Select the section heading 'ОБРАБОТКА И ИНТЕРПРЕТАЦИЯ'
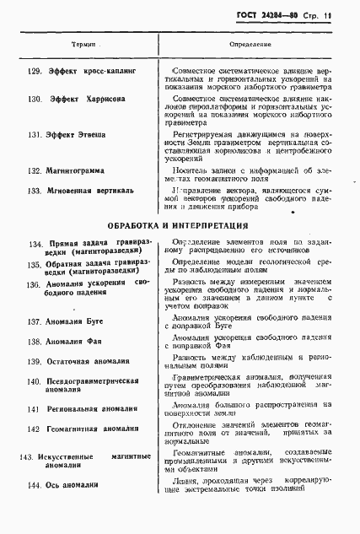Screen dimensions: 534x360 pyautogui.click(x=178, y=226)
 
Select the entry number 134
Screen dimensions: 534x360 pyautogui.click(x=36, y=245)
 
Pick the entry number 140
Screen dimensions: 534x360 pyautogui.click(x=34, y=381)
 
